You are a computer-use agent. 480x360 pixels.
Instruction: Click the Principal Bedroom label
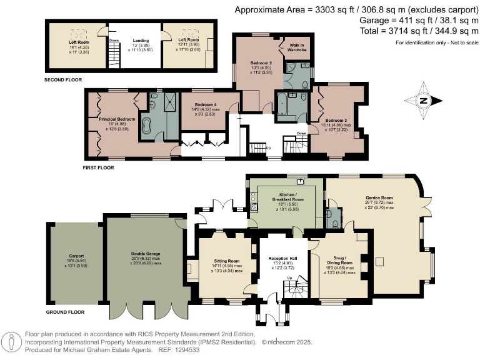(117, 118)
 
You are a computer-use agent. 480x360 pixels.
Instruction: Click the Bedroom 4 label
(204, 104)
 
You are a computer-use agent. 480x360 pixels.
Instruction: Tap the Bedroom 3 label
(336, 120)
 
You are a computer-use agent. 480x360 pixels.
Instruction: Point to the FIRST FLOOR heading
(102, 167)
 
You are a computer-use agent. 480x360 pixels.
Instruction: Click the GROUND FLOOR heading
(66, 311)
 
